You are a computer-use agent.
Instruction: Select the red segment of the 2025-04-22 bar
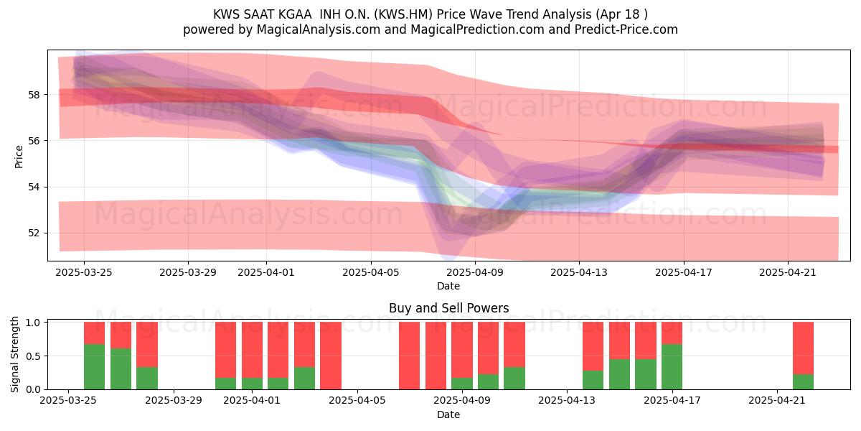[x=804, y=348]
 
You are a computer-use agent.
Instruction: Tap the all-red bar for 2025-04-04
[x=331, y=356]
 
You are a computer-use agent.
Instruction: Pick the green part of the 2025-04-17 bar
[x=672, y=367]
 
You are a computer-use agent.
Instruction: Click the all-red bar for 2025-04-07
[x=410, y=356]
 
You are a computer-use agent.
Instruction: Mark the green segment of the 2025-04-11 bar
[x=514, y=379]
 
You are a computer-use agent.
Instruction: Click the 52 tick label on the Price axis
[x=34, y=233]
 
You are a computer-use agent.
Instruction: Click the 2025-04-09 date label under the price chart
[x=475, y=272]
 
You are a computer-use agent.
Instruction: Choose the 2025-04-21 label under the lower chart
[x=777, y=401]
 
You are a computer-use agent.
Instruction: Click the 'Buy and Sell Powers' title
[x=448, y=308]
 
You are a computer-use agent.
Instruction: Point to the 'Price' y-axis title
[x=19, y=157]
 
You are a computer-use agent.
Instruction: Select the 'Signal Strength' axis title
[x=14, y=354]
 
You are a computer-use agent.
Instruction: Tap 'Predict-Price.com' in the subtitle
[x=626, y=29]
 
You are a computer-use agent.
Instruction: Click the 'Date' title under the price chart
[x=448, y=286]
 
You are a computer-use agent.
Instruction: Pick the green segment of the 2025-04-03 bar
[x=304, y=379]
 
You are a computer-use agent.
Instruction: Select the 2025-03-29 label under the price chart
[x=188, y=272]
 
